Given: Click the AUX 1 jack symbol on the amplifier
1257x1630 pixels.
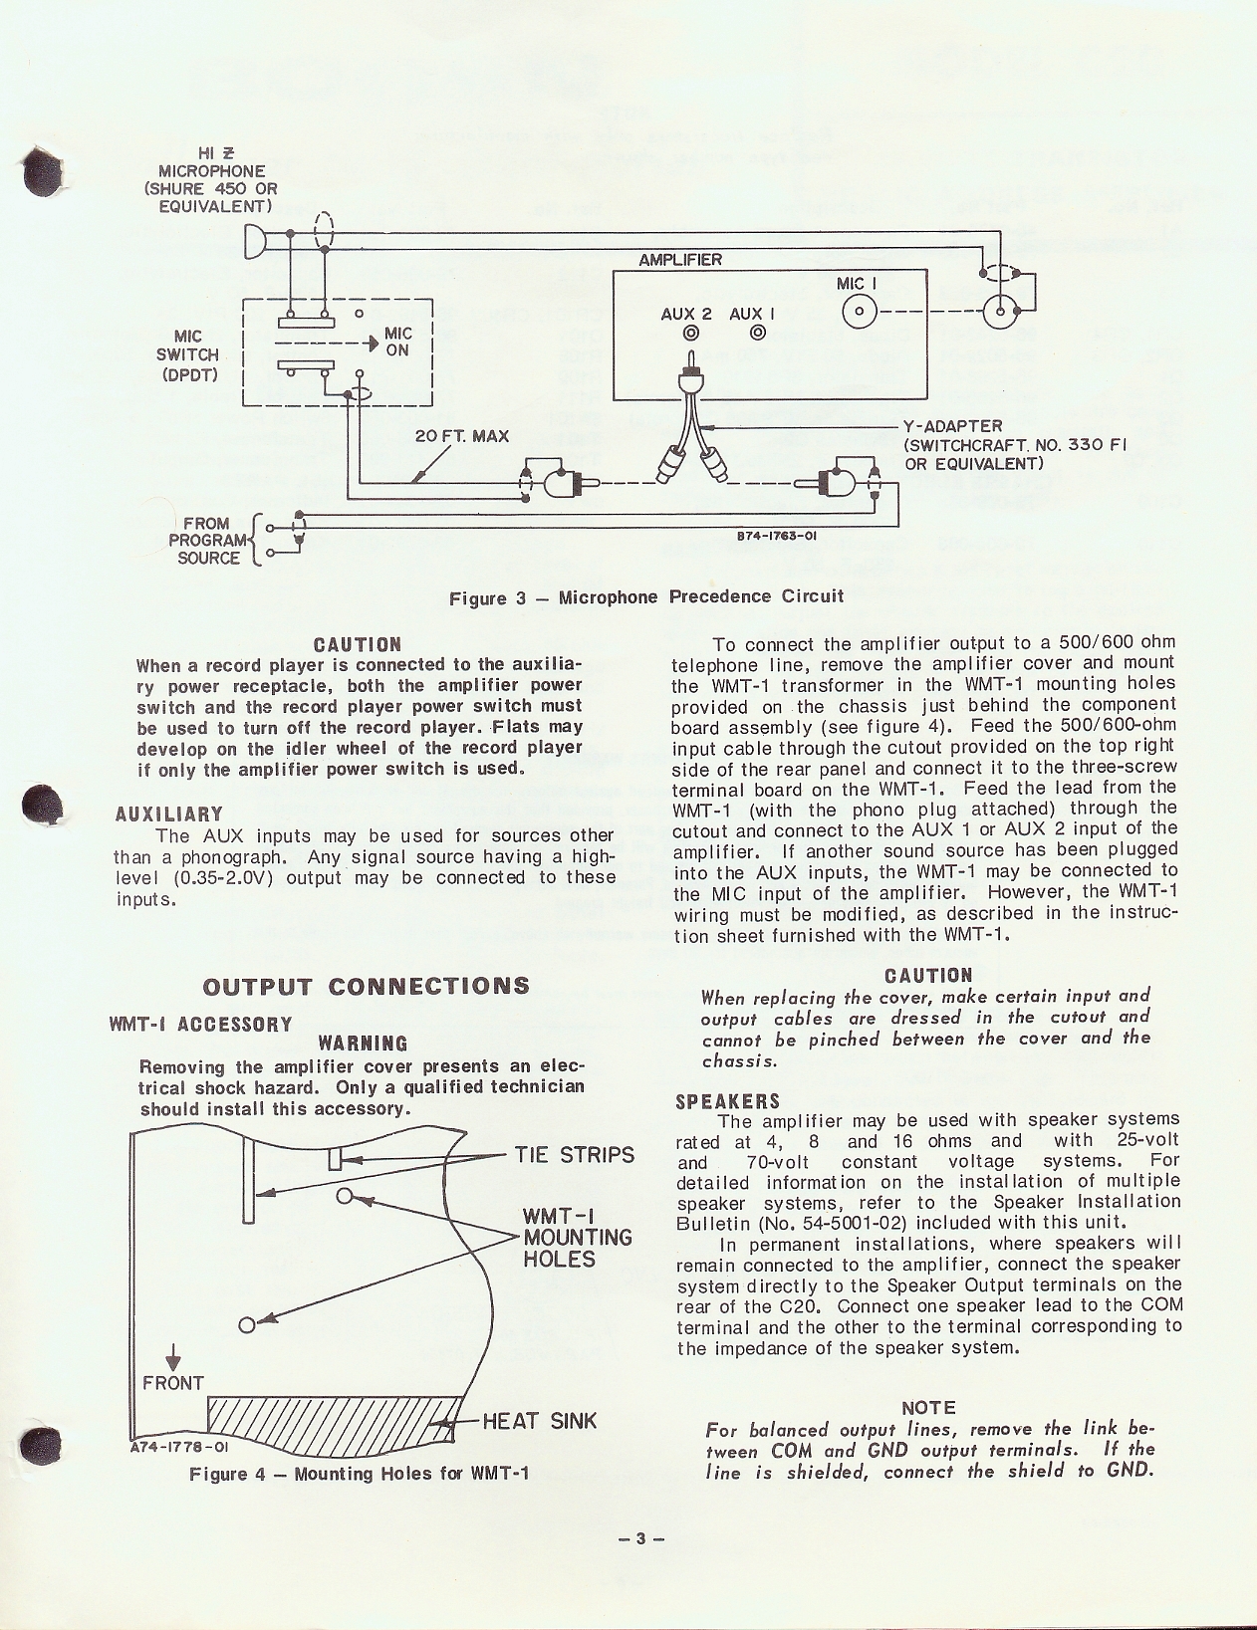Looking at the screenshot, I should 758,334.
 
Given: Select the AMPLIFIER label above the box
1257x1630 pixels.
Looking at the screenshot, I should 680,260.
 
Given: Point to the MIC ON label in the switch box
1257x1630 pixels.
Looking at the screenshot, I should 397,342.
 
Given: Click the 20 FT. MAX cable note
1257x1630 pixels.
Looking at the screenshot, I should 461,436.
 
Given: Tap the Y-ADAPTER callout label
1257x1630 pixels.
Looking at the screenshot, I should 952,426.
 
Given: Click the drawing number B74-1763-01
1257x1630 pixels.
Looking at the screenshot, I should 777,536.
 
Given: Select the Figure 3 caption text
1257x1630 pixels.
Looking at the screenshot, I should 645,596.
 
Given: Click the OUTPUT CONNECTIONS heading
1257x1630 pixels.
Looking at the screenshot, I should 366,986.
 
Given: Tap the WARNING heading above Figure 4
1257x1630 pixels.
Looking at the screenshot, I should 363,1044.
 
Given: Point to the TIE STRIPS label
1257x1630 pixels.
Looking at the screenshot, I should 574,1155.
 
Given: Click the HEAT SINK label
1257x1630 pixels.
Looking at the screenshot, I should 539,1421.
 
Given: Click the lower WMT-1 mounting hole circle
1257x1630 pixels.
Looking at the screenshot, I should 247,1324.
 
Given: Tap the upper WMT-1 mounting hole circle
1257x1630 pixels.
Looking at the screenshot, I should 345,1197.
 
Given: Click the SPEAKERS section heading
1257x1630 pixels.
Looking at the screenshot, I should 728,1101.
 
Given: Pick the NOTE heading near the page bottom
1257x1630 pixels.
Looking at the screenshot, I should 928,1407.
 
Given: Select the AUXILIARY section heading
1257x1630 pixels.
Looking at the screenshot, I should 169,815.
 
